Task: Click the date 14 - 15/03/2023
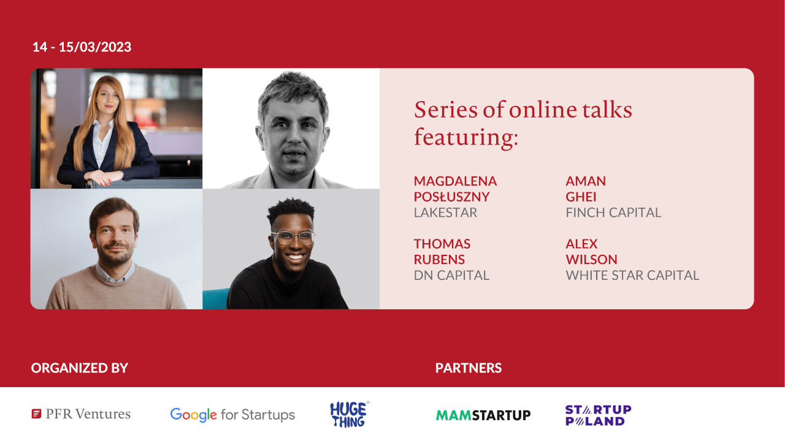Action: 82,47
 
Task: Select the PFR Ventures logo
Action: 81,414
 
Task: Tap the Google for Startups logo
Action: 232,415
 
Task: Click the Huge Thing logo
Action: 350,415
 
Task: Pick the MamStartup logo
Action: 483,415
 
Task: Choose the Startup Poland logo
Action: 598,415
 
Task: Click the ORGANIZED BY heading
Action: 80,368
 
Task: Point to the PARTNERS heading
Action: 469,368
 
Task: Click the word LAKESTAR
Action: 445,213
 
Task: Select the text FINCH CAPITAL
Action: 613,213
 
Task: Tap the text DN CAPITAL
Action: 451,276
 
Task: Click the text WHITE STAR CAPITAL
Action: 632,276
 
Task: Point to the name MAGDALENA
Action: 455,181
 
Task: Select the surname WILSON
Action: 591,260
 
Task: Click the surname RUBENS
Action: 439,260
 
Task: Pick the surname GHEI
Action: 581,197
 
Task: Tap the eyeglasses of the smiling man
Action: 293,238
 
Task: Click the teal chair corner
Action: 215,298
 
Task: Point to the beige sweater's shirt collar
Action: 115,273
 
